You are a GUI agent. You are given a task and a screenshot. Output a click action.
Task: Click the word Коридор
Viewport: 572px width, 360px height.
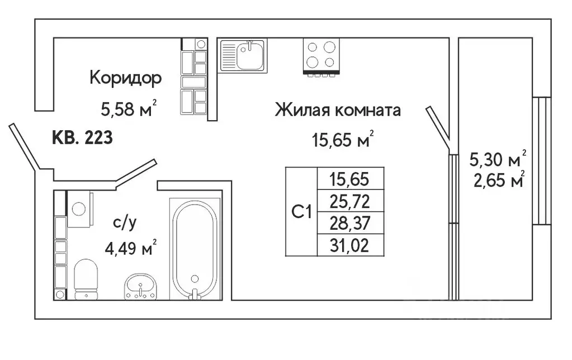point(126,78)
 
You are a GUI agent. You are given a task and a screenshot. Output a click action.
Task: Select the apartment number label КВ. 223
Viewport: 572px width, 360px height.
point(82,137)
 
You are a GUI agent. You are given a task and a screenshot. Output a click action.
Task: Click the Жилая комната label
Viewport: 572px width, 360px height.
point(338,110)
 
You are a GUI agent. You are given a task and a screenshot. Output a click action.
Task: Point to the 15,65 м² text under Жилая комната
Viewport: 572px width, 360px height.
point(342,140)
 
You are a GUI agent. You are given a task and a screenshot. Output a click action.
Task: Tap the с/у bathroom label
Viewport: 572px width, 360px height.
point(124,222)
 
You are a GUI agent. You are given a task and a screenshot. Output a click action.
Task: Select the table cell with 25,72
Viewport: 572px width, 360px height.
point(350,200)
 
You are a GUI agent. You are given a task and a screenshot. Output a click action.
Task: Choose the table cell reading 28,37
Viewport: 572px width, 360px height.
point(350,222)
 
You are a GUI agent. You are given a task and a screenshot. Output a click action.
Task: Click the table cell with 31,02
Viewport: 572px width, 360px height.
point(350,245)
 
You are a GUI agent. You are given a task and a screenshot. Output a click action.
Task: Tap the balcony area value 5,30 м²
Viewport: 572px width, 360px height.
point(497,160)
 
